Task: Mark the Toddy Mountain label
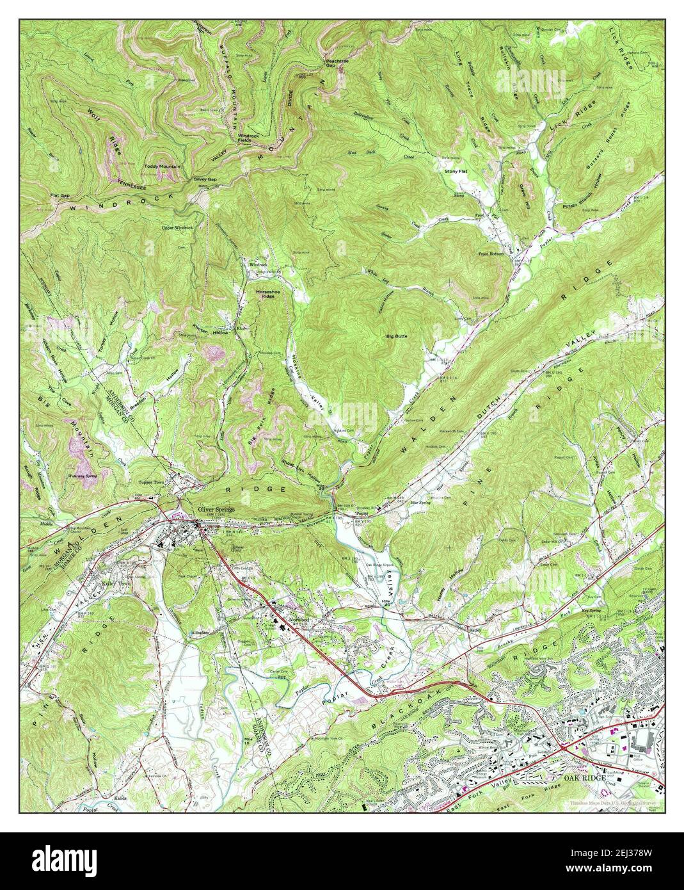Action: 162,166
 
